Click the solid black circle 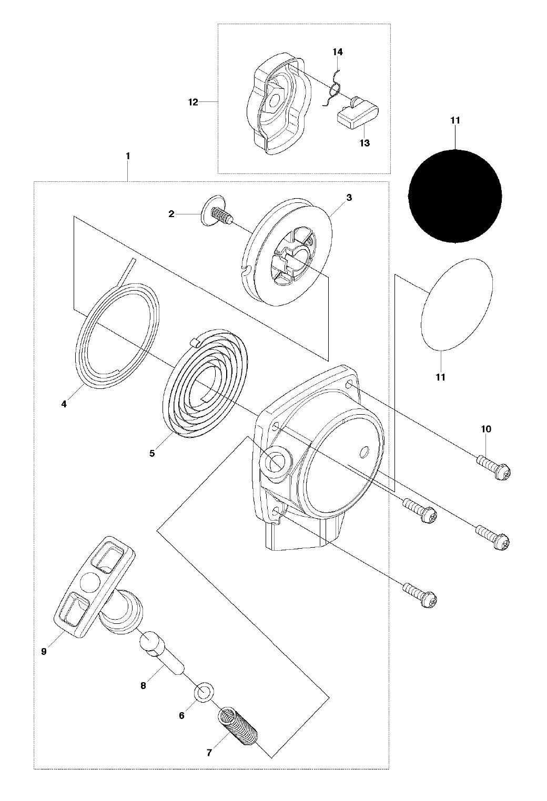[x=455, y=196]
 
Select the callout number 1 [x=128, y=156]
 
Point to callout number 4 [x=64, y=404]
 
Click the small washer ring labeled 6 [x=204, y=694]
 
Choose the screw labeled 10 [x=493, y=467]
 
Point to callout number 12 [x=193, y=102]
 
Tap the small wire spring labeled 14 [x=333, y=88]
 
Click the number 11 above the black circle [x=455, y=120]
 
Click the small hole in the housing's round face [x=363, y=453]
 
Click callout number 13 [x=364, y=143]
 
